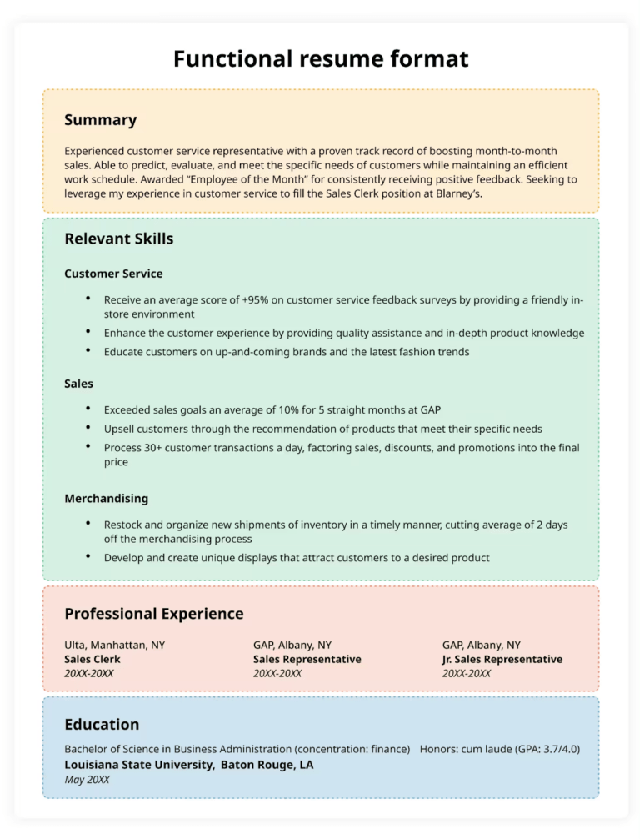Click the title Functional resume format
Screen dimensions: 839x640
point(320,59)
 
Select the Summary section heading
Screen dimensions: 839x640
point(100,120)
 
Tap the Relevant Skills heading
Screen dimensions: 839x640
point(118,239)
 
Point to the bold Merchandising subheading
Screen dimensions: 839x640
point(106,498)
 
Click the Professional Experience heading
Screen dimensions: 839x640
point(153,614)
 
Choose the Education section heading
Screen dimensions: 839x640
point(102,724)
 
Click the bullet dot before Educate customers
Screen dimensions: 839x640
point(87,351)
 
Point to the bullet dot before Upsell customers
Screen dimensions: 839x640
point(87,428)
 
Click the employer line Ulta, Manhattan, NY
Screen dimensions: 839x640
point(114,645)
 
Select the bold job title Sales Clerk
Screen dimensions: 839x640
point(92,659)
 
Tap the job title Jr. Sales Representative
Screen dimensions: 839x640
point(502,659)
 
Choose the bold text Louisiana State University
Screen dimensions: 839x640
point(139,765)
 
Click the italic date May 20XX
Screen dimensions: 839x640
point(87,780)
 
